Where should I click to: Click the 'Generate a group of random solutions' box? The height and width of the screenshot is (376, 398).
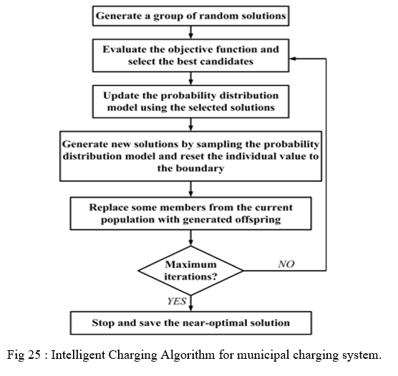click(x=190, y=16)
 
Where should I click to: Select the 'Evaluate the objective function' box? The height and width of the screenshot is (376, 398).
click(x=190, y=55)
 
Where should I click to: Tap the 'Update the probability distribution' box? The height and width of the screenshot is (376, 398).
click(x=190, y=102)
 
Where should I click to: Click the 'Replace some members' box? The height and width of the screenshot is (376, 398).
click(x=190, y=213)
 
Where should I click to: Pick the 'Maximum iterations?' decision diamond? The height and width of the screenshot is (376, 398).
click(x=190, y=271)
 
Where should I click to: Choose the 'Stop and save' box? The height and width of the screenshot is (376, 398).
click(x=190, y=323)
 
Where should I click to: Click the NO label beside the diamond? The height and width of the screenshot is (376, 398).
click(x=286, y=264)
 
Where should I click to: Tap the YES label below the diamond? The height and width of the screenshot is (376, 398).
click(x=177, y=302)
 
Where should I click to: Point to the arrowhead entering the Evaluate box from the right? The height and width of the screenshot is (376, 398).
click(x=293, y=59)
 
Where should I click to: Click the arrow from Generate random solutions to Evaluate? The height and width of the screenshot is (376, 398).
click(x=191, y=32)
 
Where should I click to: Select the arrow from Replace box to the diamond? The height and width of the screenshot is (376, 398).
click(x=191, y=238)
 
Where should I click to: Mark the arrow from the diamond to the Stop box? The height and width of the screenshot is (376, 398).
click(x=191, y=304)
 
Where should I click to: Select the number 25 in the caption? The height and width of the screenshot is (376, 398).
click(x=34, y=355)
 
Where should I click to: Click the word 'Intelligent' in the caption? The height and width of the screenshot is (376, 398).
click(x=79, y=355)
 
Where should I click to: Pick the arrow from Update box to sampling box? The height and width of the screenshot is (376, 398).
click(x=191, y=125)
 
